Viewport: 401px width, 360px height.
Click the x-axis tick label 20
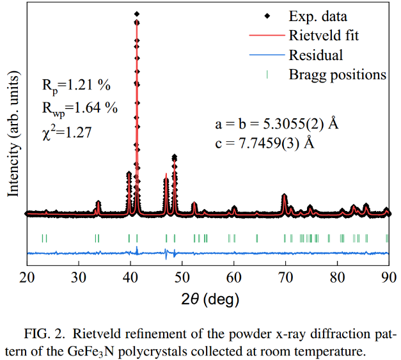28,278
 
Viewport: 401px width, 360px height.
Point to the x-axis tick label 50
182,278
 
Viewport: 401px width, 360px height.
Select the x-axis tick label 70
285,278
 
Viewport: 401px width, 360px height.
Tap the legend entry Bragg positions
338,74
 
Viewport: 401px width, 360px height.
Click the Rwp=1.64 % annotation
80,108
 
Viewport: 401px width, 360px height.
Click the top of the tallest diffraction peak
137,14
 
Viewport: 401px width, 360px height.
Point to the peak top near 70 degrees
285,195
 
